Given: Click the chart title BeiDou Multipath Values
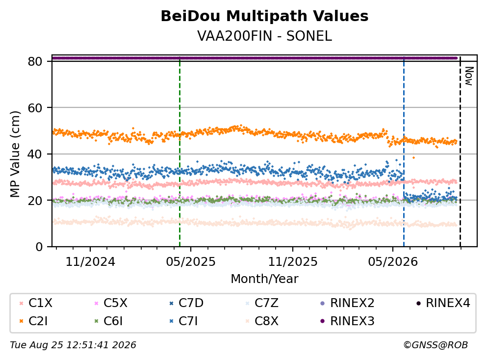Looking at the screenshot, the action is click(264, 16).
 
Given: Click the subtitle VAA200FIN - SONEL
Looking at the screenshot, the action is click(264, 36).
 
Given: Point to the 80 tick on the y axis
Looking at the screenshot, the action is click(35, 61).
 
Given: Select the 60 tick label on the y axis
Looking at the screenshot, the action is click(35, 108).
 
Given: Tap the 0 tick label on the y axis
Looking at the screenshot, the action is click(39, 247).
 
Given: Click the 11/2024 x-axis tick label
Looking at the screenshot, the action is click(90, 262).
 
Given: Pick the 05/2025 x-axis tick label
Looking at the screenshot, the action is click(191, 262).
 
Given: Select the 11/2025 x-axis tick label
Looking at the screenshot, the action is click(293, 262).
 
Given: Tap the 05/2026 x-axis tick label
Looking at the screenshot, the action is click(393, 262).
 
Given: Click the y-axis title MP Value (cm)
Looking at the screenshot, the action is click(15, 154).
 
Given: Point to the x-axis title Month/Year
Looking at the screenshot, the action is click(264, 279).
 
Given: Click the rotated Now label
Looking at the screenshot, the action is click(469, 76).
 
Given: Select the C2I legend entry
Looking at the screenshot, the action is click(33, 321).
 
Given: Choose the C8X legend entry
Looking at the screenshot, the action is click(262, 321).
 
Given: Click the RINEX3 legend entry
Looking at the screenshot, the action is click(347, 321).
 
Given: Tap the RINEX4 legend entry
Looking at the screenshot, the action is click(443, 303).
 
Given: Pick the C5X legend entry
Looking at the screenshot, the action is click(110, 303).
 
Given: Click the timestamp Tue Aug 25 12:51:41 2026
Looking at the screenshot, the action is click(73, 345).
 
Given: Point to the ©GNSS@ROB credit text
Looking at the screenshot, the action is click(436, 345).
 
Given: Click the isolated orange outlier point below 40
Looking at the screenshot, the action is click(413, 158).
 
